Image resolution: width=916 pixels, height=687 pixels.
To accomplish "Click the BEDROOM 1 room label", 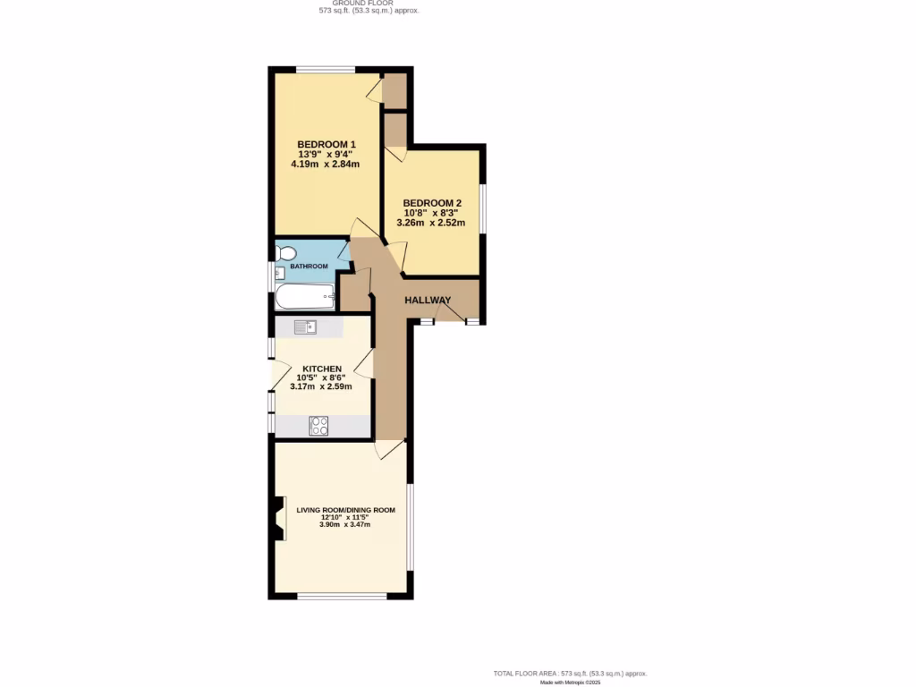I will [327, 145].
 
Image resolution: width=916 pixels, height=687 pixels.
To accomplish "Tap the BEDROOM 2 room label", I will [432, 203].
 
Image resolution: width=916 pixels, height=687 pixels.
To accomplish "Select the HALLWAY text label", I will [428, 300].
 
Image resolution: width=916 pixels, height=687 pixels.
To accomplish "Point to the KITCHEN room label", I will [321, 369].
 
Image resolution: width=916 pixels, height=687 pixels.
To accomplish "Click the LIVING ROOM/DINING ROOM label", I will [345, 510].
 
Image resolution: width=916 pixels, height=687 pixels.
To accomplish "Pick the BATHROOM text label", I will [309, 267].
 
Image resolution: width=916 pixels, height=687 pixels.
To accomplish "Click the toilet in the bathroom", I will [285, 253].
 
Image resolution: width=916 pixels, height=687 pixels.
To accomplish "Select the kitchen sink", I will [305, 327].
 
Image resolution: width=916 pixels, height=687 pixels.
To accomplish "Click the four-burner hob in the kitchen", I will [318, 426].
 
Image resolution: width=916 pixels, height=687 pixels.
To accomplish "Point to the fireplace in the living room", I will [279, 519].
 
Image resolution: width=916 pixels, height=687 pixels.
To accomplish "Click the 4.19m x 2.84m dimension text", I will [326, 165].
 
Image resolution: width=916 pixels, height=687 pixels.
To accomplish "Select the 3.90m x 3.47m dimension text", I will [345, 524].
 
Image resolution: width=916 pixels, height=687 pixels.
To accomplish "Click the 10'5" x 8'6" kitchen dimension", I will [321, 377].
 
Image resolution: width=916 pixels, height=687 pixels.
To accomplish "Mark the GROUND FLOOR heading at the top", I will [369, 3].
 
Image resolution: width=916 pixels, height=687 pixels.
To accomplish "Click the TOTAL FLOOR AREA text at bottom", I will [571, 673].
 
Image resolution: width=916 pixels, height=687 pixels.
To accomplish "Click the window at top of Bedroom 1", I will [325, 70].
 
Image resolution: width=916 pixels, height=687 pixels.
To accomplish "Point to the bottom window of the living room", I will [343, 595].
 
